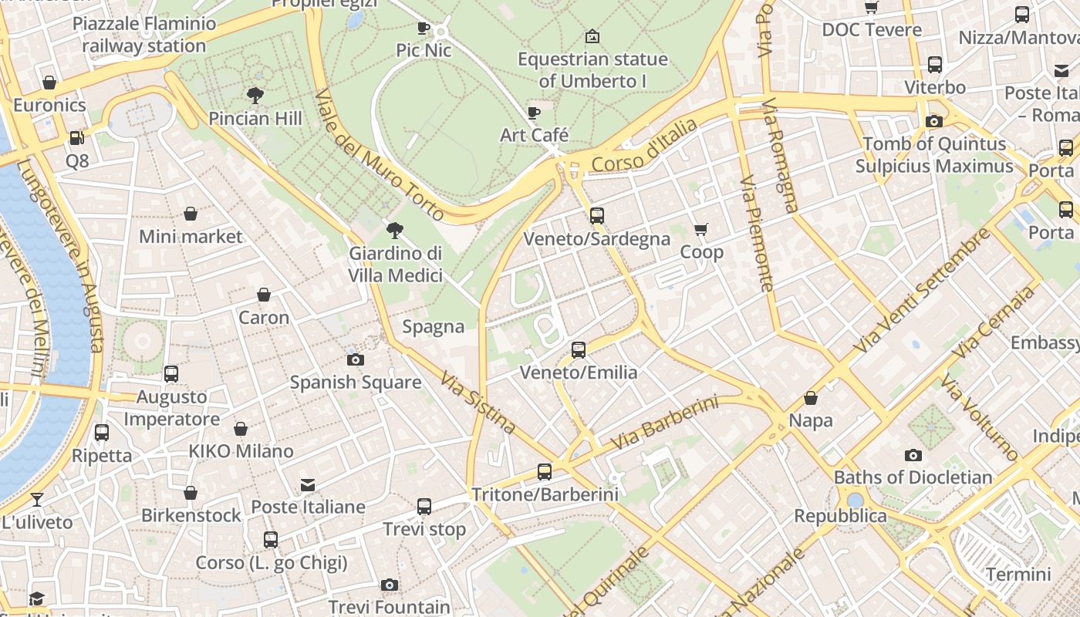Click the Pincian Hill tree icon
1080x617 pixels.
pos(255,96)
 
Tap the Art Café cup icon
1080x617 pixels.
pos(533,113)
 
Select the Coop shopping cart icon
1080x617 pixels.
pos(701,230)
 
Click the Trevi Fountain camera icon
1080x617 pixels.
pos(390,585)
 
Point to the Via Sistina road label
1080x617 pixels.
pos(478,403)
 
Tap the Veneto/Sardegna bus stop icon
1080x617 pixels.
pos(596,216)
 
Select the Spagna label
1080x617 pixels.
pos(434,327)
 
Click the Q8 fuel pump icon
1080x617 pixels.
pos(77,138)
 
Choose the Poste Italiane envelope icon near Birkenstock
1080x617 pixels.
pos(308,485)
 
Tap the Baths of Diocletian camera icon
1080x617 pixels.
pos(913,455)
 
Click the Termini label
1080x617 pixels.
pos(1018,575)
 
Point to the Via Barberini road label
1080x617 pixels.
pos(665,423)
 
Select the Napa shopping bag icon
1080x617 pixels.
pos(810,398)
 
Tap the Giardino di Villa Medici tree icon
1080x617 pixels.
pos(396,230)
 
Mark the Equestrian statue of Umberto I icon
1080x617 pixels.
pos(592,36)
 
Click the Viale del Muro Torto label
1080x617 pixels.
pos(380,154)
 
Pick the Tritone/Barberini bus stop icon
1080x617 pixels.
pos(545,471)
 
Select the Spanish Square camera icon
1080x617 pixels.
pos(356,359)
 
